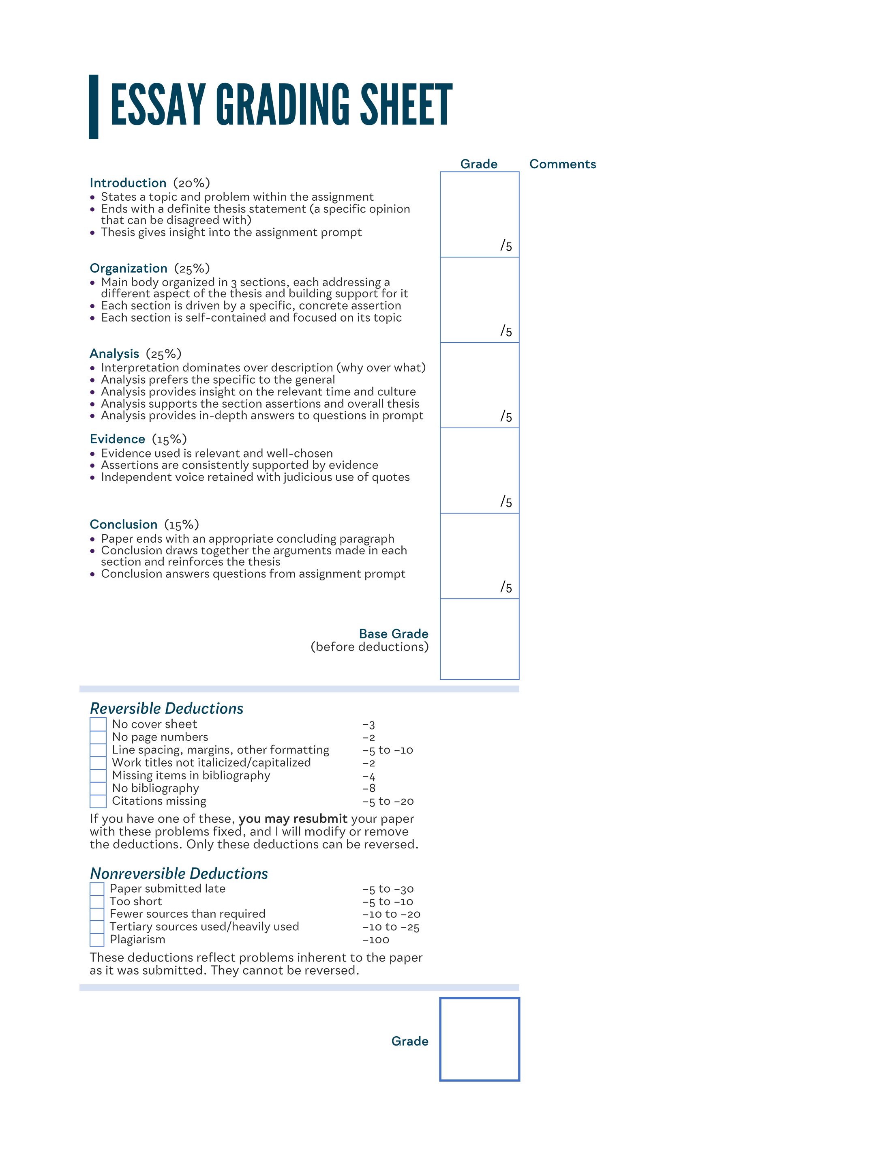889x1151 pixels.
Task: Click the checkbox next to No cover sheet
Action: [98, 724]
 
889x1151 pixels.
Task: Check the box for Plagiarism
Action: [97, 940]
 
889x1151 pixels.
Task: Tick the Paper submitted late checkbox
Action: [97, 889]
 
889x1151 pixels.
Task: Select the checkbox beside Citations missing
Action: [98, 801]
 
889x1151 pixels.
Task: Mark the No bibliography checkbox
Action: [98, 788]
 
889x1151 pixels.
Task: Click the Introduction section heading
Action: [128, 183]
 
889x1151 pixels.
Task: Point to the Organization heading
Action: [129, 268]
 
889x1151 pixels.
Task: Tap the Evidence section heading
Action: [118, 439]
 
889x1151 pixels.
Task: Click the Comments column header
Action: [563, 164]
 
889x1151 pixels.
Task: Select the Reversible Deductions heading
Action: [167, 708]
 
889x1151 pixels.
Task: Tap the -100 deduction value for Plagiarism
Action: [375, 940]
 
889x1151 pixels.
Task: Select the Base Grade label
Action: [393, 633]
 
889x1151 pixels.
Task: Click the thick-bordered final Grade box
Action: [479, 1039]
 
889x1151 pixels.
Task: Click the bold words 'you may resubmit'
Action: [293, 818]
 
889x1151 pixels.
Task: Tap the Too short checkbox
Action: [97, 901]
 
